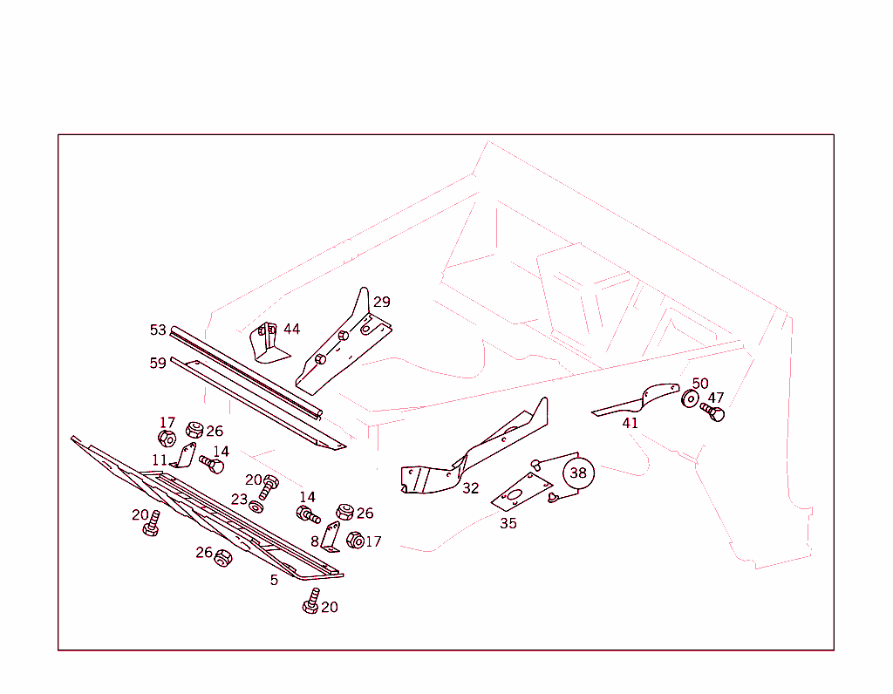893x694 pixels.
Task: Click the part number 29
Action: click(382, 302)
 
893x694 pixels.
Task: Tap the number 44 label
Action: click(291, 329)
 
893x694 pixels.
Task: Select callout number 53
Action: click(158, 330)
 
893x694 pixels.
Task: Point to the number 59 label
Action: click(158, 363)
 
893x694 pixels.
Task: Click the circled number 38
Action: click(578, 473)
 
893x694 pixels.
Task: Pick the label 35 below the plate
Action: click(508, 523)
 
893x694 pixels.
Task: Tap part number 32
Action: click(470, 488)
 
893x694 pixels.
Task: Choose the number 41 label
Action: click(630, 423)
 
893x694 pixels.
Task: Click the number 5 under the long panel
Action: click(274, 580)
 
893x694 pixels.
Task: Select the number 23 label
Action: click(239, 500)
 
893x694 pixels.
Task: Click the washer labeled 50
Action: click(690, 398)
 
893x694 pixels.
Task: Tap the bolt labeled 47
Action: click(712, 412)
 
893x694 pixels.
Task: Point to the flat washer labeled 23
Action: click(256, 507)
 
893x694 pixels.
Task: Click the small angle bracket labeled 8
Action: click(331, 537)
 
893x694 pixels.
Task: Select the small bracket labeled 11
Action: click(184, 455)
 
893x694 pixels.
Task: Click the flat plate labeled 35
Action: click(522, 492)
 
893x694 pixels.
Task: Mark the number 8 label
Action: click(314, 541)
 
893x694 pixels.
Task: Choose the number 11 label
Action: click(160, 459)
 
